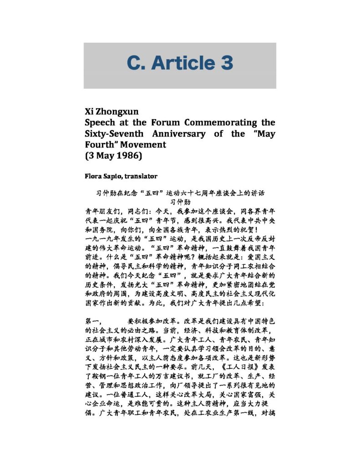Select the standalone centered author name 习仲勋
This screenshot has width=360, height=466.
[180, 201]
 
